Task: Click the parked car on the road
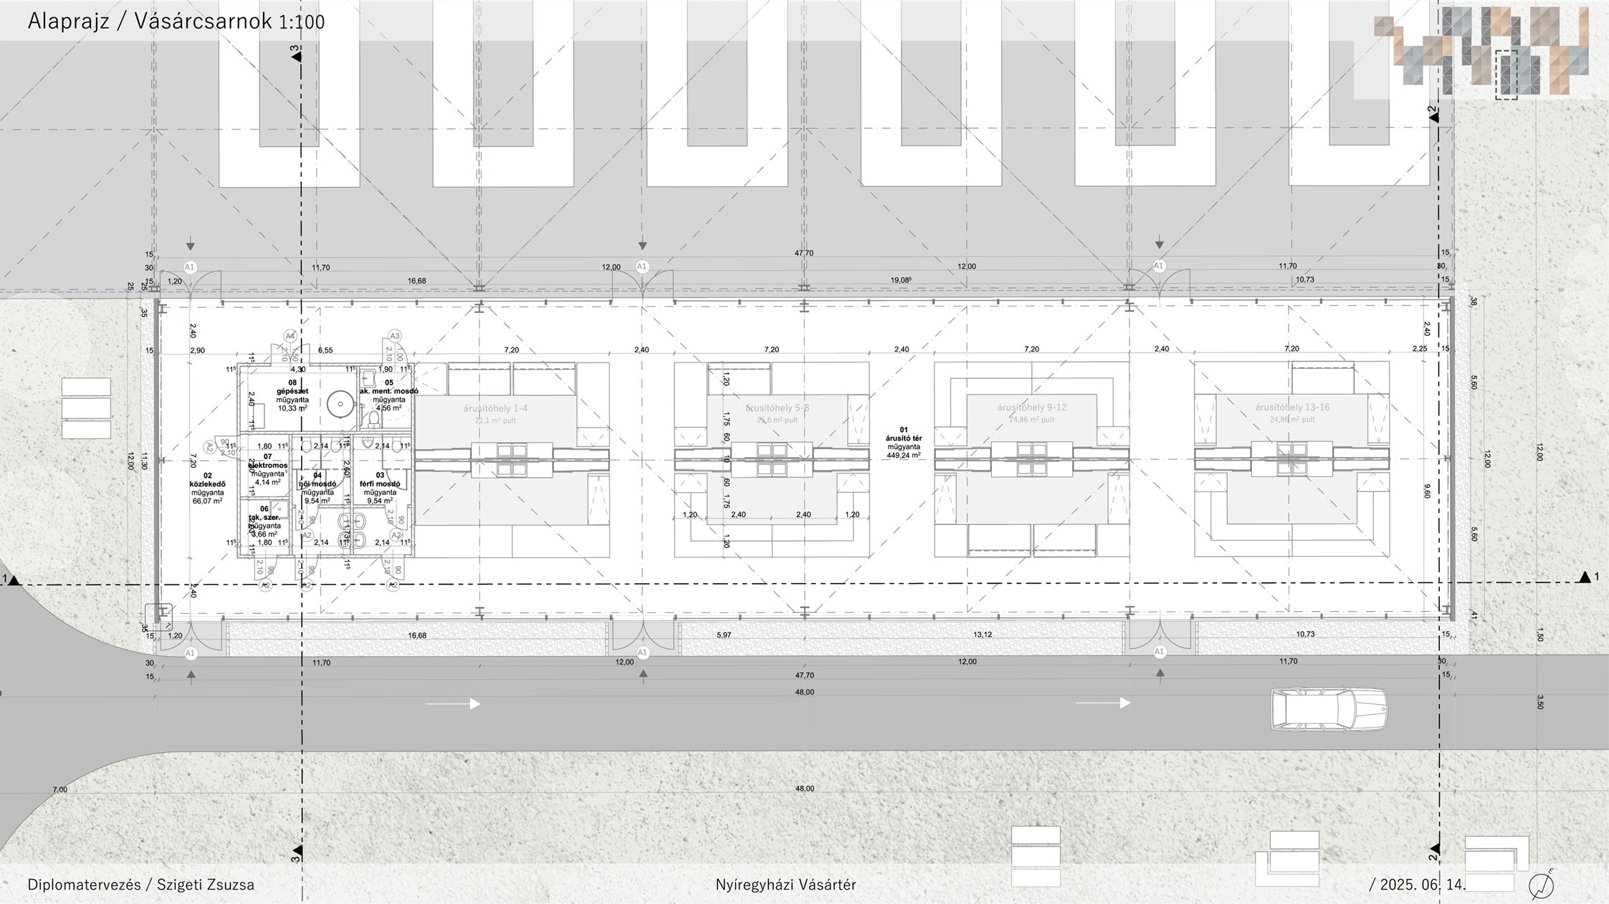1328,709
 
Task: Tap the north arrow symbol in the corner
1541,885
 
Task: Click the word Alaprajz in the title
68,21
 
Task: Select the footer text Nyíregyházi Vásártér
786,885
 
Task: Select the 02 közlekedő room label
208,484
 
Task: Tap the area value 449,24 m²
904,455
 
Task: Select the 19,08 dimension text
900,280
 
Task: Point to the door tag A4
290,335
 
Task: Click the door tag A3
394,335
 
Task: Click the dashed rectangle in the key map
1507,74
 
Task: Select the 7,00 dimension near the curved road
60,789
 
